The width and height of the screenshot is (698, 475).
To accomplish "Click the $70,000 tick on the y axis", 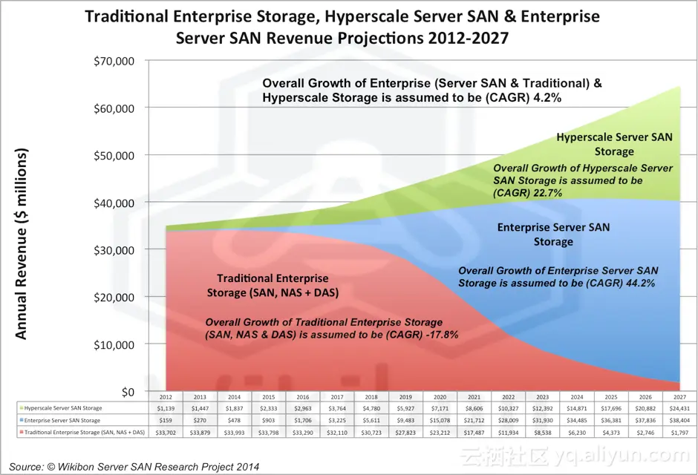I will (113, 61).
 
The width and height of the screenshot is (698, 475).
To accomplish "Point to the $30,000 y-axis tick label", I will (113, 250).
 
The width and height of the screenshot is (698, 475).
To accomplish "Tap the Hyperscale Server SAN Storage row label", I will (63, 408).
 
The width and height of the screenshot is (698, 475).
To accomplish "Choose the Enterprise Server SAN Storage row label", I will (62, 420).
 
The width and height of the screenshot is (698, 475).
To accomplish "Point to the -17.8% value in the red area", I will (440, 335).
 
